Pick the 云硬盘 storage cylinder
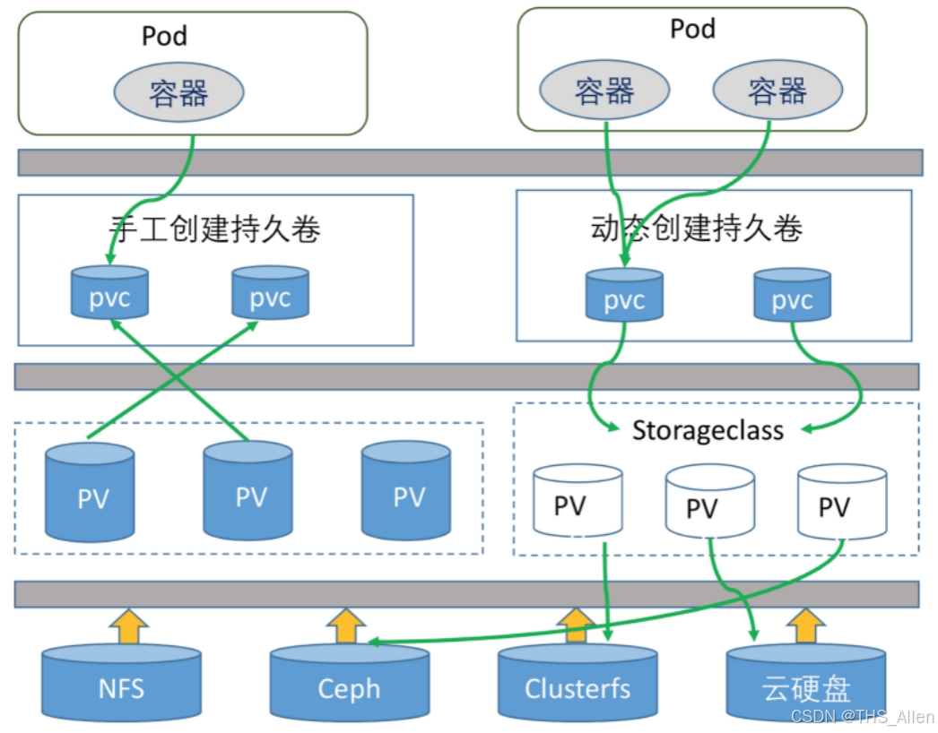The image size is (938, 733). [805, 686]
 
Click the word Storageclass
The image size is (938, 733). [708, 430]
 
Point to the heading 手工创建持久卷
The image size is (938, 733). [215, 229]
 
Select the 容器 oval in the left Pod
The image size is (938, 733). [178, 93]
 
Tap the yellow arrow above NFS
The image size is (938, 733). [131, 625]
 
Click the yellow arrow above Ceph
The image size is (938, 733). [345, 625]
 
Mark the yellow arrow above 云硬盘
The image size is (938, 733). [806, 625]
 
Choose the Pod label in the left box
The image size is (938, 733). [165, 36]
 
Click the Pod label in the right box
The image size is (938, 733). [692, 29]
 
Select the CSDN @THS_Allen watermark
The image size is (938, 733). [862, 717]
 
